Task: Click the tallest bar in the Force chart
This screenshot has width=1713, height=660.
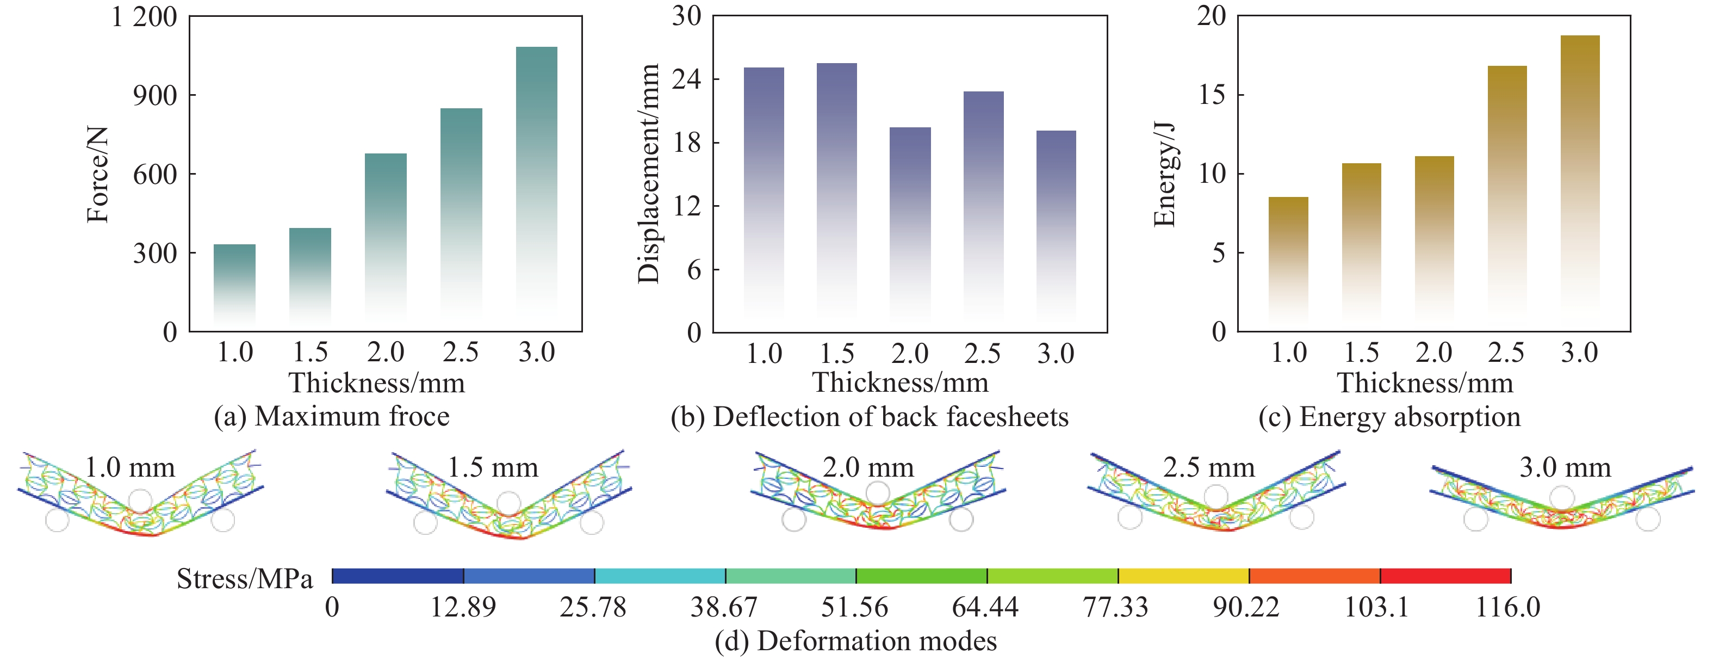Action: point(537,180)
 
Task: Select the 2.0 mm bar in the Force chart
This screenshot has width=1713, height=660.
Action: point(386,233)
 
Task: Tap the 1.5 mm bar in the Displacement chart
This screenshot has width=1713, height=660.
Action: point(836,186)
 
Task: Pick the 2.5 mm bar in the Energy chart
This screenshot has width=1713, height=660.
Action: point(1507,186)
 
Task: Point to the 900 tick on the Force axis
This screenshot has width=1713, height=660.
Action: point(154,96)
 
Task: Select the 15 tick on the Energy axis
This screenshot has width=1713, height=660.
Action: point(1212,95)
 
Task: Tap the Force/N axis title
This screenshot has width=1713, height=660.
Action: point(98,174)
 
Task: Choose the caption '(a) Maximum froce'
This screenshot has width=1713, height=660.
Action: point(331,416)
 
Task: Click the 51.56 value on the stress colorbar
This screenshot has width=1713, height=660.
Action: point(854,607)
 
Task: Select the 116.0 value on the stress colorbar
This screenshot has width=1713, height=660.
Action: point(1507,607)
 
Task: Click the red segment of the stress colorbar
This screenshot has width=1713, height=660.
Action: point(1445,576)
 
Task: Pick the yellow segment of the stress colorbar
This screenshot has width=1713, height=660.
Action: point(1183,576)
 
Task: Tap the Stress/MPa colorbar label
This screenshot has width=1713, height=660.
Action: point(244,579)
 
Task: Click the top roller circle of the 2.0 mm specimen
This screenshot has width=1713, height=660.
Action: point(878,493)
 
